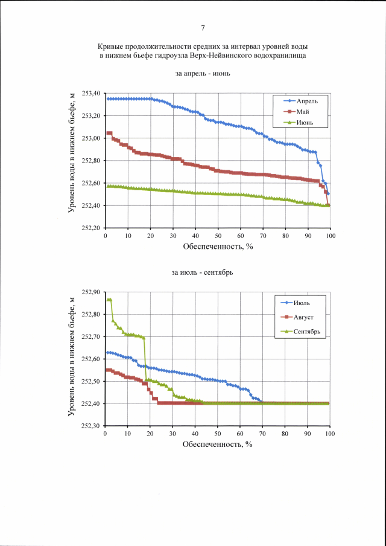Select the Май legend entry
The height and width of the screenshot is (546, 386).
click(x=303, y=112)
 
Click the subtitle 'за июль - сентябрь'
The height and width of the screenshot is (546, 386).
click(x=203, y=272)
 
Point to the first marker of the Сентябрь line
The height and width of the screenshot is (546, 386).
click(x=108, y=300)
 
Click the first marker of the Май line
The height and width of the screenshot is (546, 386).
click(x=108, y=133)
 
